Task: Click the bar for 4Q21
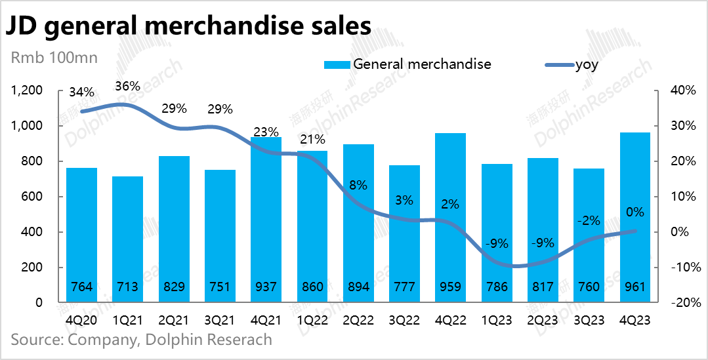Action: [266, 220]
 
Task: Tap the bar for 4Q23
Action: [635, 218]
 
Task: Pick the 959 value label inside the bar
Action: [450, 287]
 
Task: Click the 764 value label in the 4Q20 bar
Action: [81, 287]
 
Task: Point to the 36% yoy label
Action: [127, 86]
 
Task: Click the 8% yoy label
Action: [358, 186]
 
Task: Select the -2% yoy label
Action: [589, 220]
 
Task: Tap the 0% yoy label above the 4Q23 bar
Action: [635, 212]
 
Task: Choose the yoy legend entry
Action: [587, 64]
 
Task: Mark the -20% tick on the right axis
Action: [681, 303]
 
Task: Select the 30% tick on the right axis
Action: [682, 126]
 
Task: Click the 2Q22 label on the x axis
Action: [358, 321]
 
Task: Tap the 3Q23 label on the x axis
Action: [589, 321]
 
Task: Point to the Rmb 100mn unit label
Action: [54, 58]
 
